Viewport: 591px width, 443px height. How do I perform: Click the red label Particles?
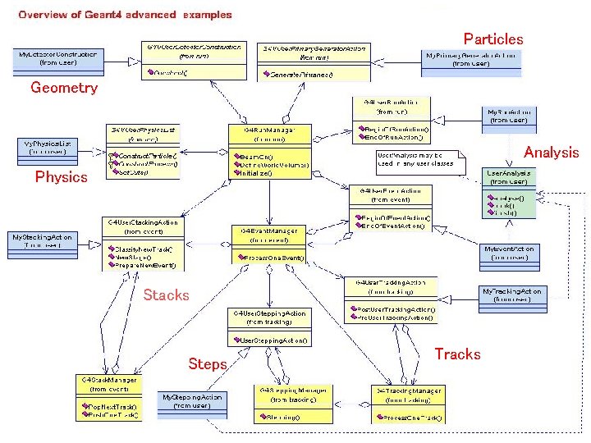(x=492, y=39)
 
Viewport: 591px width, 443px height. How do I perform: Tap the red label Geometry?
(x=64, y=88)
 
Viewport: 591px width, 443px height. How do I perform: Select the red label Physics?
(x=61, y=176)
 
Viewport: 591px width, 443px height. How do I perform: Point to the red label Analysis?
(x=551, y=152)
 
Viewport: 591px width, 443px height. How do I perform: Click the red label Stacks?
(x=166, y=295)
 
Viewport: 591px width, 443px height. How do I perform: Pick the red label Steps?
(x=207, y=363)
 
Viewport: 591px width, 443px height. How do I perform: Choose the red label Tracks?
(x=457, y=354)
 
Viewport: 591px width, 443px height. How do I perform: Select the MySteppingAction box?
(x=193, y=401)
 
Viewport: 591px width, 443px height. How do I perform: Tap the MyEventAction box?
(x=510, y=253)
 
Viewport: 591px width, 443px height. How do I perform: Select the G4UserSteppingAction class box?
(x=269, y=327)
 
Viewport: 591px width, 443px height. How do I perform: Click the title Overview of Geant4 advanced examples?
(x=125, y=15)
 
